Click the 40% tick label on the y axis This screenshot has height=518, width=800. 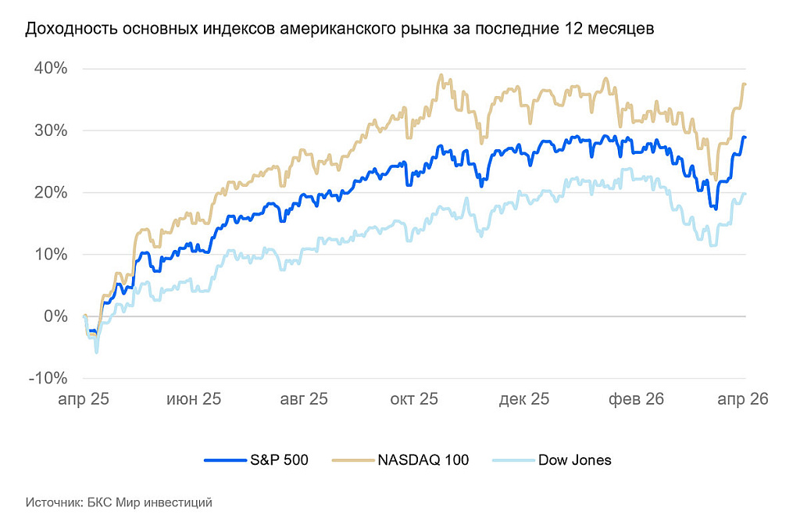tap(50, 69)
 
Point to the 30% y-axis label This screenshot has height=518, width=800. tap(50, 130)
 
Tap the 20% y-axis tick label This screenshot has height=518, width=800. tap(50, 192)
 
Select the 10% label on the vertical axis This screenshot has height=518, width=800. tap(50, 255)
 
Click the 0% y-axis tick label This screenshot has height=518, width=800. tap(55, 316)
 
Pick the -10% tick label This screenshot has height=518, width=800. tap(48, 378)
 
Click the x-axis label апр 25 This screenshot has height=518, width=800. tap(83, 398)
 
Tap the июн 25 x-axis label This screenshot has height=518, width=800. tap(194, 398)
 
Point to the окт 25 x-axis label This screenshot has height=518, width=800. tap(413, 398)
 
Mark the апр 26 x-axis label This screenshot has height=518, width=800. tap(743, 398)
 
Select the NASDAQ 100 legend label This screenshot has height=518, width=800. tap(423, 460)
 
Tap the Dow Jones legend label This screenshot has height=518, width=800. tap(574, 460)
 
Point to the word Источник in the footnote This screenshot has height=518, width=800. tap(54, 502)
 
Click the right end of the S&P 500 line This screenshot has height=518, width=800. tap(745, 138)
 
